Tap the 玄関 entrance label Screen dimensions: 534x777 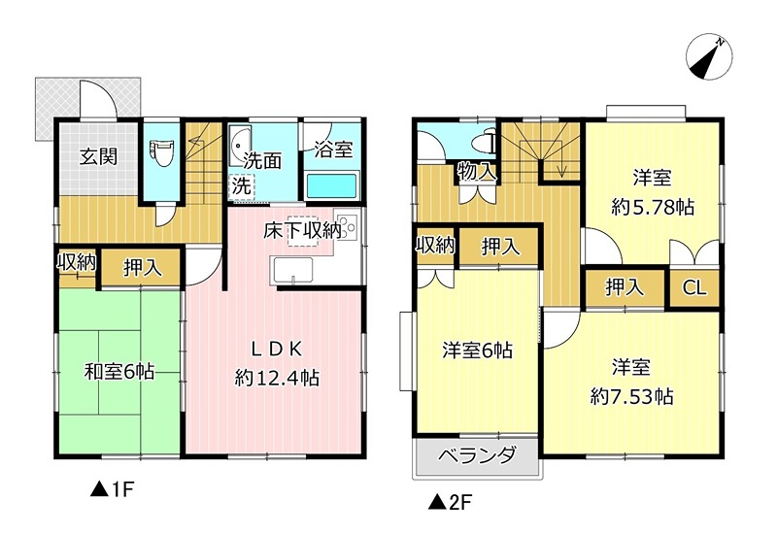pos(98,156)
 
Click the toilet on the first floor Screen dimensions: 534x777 pos(161,152)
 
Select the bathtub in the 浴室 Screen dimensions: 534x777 pos(332,184)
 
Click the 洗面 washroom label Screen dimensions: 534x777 pos(261,160)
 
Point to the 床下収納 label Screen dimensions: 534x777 pos(302,231)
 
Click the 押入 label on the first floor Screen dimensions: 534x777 pos(142,267)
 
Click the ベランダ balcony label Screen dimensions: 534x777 pos(475,456)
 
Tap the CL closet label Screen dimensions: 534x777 pos(693,287)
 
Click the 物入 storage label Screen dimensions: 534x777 pos(477,173)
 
